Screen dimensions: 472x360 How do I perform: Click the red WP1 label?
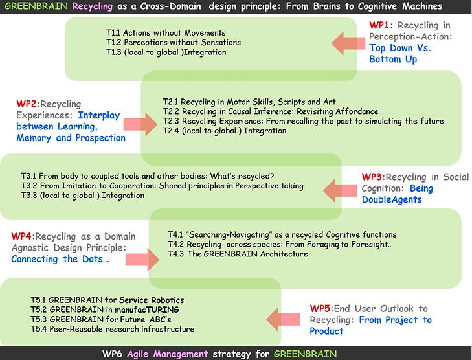coord(379,25)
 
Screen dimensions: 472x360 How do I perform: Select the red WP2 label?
coord(27,104)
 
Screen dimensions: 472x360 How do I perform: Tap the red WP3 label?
coord(372,177)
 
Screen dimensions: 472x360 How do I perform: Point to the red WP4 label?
coord(21,236)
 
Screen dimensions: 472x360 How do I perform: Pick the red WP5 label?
coord(320,308)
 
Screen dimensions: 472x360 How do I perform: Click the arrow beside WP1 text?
coord(348,43)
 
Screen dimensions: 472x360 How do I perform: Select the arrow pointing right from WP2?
coord(140,124)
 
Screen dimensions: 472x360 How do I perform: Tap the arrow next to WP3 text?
coord(340,190)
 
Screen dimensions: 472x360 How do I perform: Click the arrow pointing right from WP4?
coord(142,260)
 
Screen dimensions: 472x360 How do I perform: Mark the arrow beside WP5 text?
coord(283,319)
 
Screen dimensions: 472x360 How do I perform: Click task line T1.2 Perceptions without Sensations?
coord(174,43)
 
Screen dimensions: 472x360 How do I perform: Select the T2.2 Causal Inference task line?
coord(271,111)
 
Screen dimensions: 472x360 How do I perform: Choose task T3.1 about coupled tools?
coord(148,175)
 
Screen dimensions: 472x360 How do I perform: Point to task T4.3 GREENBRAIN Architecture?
coord(238,254)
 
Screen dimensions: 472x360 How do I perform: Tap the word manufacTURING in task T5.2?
coord(147,309)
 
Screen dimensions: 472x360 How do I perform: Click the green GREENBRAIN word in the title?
coord(36,6)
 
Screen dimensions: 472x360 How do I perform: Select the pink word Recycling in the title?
coord(93,6)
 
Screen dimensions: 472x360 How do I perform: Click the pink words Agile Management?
coord(167,354)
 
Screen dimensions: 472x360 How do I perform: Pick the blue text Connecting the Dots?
coord(60,259)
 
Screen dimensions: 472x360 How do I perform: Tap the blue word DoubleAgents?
coord(392,199)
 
